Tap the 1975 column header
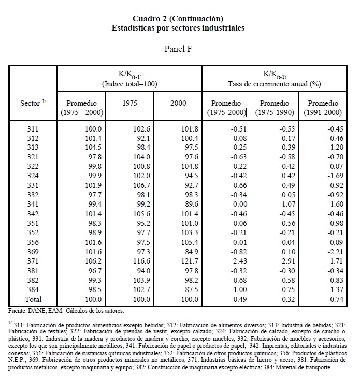point(129,103)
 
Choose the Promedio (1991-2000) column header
point(323,108)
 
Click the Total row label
point(33,299)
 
